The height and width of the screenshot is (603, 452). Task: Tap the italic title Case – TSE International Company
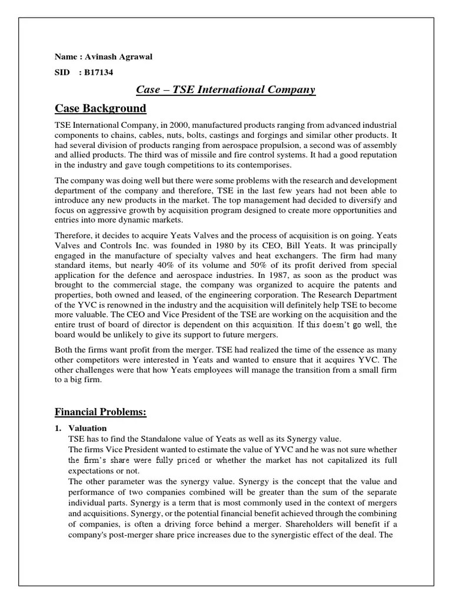point(225,90)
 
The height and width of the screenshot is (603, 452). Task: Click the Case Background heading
point(100,108)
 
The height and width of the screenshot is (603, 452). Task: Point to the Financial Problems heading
point(100,412)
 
